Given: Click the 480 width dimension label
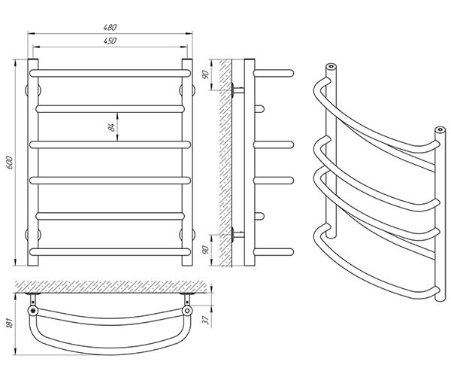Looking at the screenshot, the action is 110,27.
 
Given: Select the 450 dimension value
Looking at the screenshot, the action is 110,41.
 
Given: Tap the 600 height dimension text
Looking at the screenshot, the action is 10,163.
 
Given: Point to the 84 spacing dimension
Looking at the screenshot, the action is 112,127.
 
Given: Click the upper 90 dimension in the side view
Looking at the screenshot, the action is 206,74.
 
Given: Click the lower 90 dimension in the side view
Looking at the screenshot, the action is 206,250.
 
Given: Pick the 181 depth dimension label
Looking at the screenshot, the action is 9,324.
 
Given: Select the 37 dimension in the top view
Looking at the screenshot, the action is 206,320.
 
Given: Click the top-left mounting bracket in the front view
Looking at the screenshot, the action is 33,90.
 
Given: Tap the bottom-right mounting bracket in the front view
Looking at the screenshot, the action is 187,235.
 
